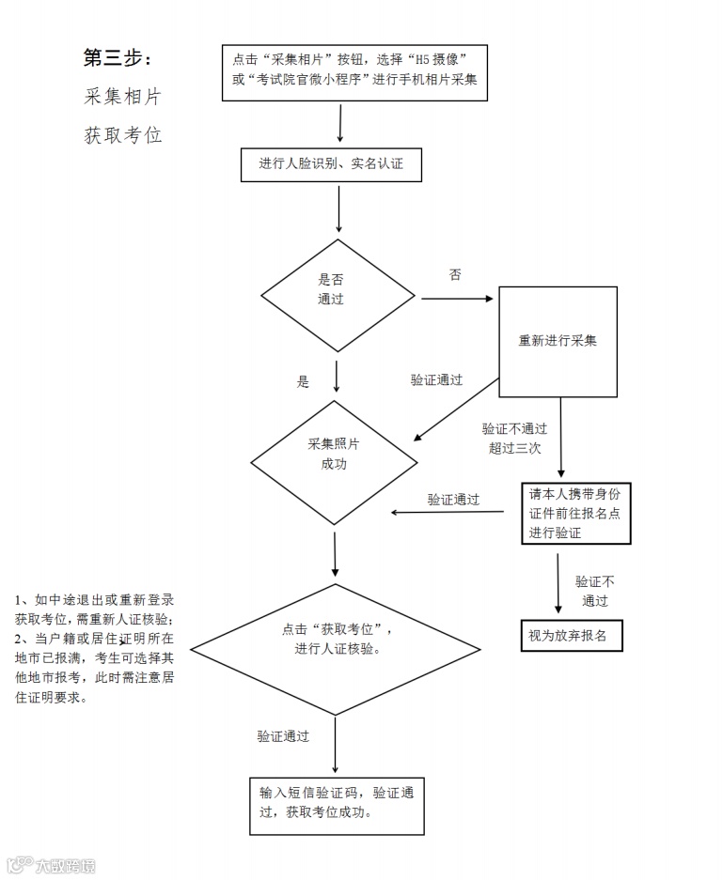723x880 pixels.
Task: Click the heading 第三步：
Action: (x=118, y=58)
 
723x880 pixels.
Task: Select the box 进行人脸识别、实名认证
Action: (x=331, y=164)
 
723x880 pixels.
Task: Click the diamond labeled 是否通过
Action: (x=338, y=294)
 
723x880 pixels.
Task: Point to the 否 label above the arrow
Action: (x=455, y=275)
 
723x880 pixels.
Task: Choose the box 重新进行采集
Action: (x=558, y=341)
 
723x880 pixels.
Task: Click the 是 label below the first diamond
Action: (x=303, y=382)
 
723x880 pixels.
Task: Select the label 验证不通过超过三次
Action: (x=514, y=439)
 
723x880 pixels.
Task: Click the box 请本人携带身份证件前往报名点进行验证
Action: (x=575, y=514)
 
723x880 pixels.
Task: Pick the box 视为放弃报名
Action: (x=572, y=636)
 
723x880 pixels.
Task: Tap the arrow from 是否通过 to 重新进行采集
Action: (x=457, y=300)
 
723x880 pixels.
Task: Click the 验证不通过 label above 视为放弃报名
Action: (x=594, y=592)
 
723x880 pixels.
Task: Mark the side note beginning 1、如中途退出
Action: (x=94, y=648)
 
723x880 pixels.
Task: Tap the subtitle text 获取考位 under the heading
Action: (x=123, y=135)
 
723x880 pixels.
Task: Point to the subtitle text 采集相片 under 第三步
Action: (x=123, y=97)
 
